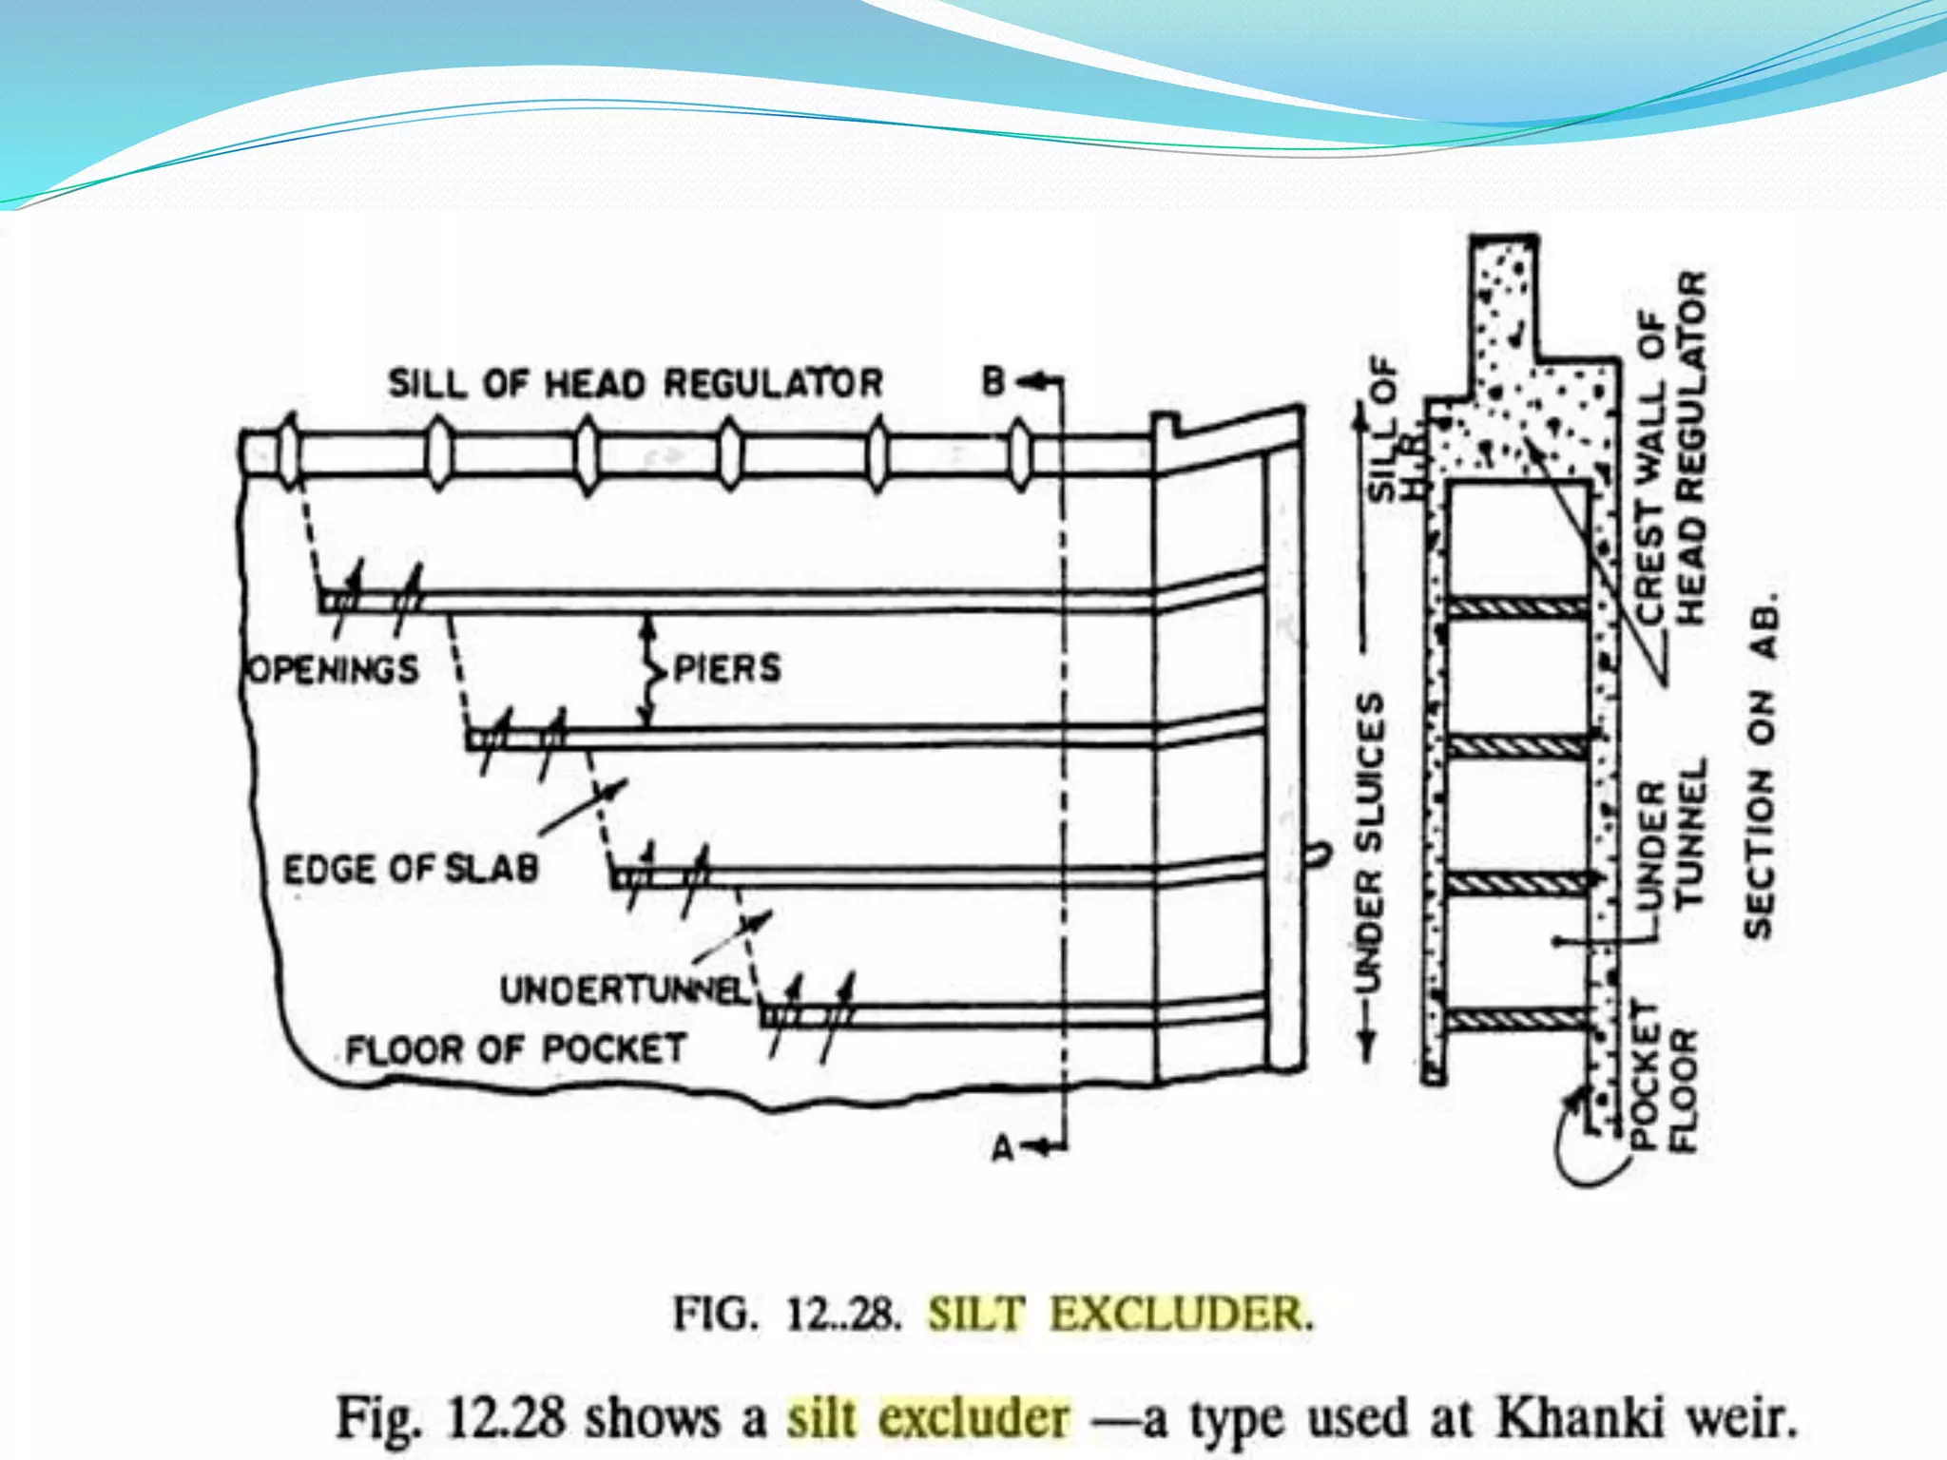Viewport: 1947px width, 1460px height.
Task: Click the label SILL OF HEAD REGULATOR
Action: point(635,383)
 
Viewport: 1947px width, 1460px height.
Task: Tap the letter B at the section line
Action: point(993,382)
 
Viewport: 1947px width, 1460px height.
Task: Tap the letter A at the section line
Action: point(1003,1148)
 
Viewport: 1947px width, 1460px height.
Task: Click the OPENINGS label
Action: point(333,669)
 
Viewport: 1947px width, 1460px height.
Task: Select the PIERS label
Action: point(727,668)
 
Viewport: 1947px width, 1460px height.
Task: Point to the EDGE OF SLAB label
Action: point(411,869)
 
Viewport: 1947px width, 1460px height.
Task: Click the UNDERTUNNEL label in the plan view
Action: point(626,990)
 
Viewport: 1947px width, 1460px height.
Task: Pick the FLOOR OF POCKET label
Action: point(515,1049)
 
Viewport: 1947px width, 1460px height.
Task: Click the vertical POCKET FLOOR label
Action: point(1664,1075)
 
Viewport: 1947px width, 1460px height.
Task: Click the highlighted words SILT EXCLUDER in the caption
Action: point(1121,1314)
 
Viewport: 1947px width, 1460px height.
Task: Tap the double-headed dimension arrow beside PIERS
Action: point(649,671)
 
